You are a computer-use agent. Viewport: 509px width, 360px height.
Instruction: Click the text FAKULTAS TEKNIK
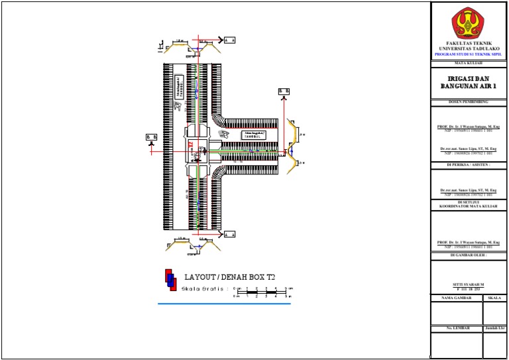click(x=469, y=43)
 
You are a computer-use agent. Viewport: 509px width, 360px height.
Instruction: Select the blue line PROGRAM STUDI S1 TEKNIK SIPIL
click(x=469, y=52)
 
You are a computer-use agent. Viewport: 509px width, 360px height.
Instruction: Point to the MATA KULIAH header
click(x=469, y=63)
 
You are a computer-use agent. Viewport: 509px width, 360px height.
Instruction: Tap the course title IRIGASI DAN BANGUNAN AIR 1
click(x=469, y=82)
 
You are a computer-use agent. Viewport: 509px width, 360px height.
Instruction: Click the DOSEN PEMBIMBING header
click(x=469, y=101)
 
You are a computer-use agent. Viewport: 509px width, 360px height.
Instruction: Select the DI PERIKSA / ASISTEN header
click(x=469, y=164)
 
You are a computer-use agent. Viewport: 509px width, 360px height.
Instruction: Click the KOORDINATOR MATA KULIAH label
click(x=469, y=207)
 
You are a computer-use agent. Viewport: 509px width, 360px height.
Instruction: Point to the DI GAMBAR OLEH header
click(x=469, y=255)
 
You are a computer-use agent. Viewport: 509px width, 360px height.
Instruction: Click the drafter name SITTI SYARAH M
click(x=469, y=284)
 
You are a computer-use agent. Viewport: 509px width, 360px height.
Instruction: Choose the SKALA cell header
click(x=494, y=298)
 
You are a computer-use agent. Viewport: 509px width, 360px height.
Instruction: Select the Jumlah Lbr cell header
click(x=494, y=328)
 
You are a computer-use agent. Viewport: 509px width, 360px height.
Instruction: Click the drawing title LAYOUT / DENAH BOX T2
click(x=230, y=276)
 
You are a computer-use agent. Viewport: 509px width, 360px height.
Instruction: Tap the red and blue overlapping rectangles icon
click(x=170, y=280)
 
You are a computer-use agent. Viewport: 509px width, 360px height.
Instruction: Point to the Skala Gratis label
click(x=204, y=289)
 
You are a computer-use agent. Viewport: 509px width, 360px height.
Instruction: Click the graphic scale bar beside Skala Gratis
click(x=262, y=292)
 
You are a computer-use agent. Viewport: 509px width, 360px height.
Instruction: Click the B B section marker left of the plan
click(x=151, y=137)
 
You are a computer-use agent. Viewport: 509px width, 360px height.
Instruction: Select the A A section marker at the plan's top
click(x=229, y=40)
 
